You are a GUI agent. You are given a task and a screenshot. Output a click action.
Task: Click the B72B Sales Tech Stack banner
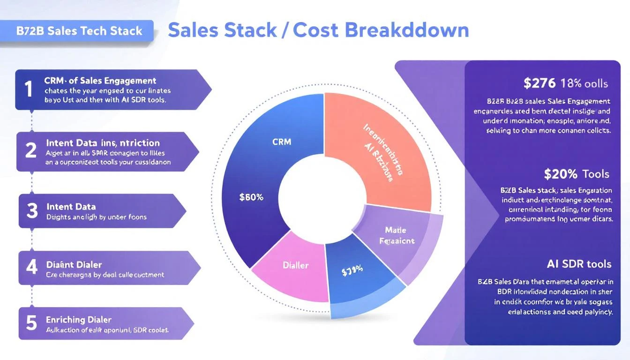tap(79, 31)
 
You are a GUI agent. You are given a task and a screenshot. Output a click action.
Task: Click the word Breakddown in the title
tap(407, 30)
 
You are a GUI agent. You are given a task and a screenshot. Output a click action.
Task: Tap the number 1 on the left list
tap(29, 89)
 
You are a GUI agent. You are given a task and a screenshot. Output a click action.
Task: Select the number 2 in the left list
tap(31, 150)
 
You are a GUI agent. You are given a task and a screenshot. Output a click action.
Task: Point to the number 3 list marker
tap(32, 211)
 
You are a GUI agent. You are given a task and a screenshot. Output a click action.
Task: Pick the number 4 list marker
tap(31, 267)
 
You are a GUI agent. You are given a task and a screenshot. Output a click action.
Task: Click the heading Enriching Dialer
tap(79, 320)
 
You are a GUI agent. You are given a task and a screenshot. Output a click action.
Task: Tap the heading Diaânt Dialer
tap(74, 265)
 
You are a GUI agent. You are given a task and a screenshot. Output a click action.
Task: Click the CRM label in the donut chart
tap(281, 142)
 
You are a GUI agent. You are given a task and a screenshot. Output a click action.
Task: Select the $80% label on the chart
tap(251, 197)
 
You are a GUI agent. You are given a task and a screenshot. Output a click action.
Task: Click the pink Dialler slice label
tap(296, 265)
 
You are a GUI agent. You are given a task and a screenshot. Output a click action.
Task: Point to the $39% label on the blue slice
tap(352, 272)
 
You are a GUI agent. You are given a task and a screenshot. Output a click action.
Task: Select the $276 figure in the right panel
tap(540, 83)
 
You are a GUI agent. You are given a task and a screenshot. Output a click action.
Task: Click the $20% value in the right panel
tap(561, 174)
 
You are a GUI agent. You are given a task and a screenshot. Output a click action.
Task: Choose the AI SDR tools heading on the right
tap(579, 263)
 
